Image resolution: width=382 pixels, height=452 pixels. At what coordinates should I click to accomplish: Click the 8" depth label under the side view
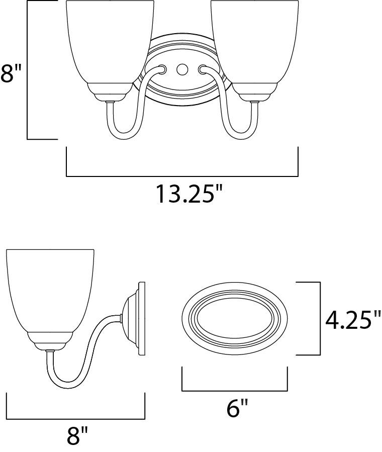tap(77, 436)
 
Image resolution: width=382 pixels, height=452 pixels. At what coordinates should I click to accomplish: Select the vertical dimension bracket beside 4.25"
tap(320, 319)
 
